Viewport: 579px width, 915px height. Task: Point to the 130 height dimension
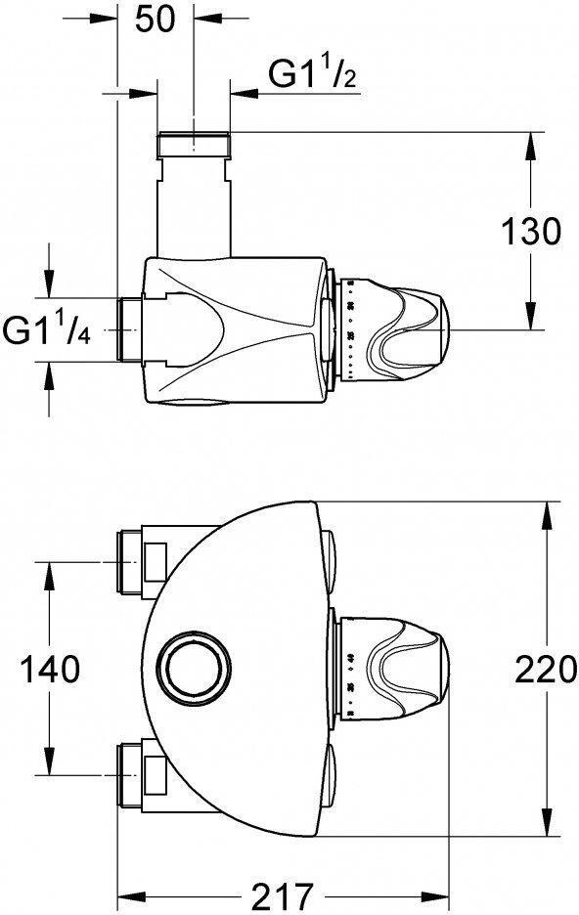coord(531,233)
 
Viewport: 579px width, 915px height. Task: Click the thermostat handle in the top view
coord(406,328)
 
